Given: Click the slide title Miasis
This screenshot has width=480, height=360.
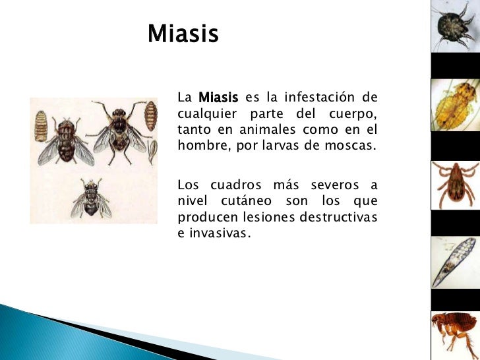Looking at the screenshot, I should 182,34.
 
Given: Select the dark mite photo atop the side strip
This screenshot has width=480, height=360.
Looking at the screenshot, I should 455,26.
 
